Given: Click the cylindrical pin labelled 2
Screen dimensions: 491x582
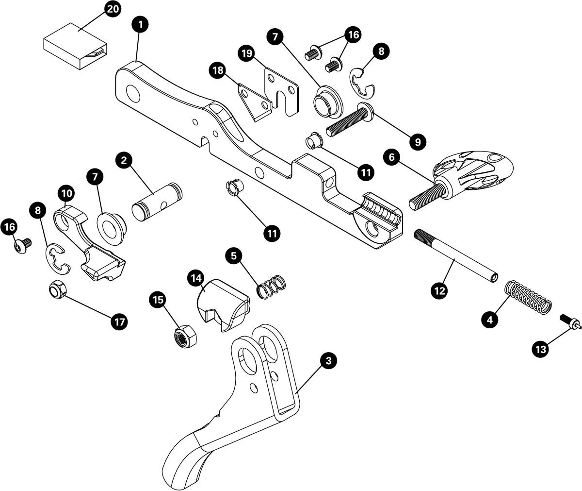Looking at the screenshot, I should tap(156, 199).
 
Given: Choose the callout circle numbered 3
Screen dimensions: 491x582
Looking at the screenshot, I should tap(328, 361).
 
